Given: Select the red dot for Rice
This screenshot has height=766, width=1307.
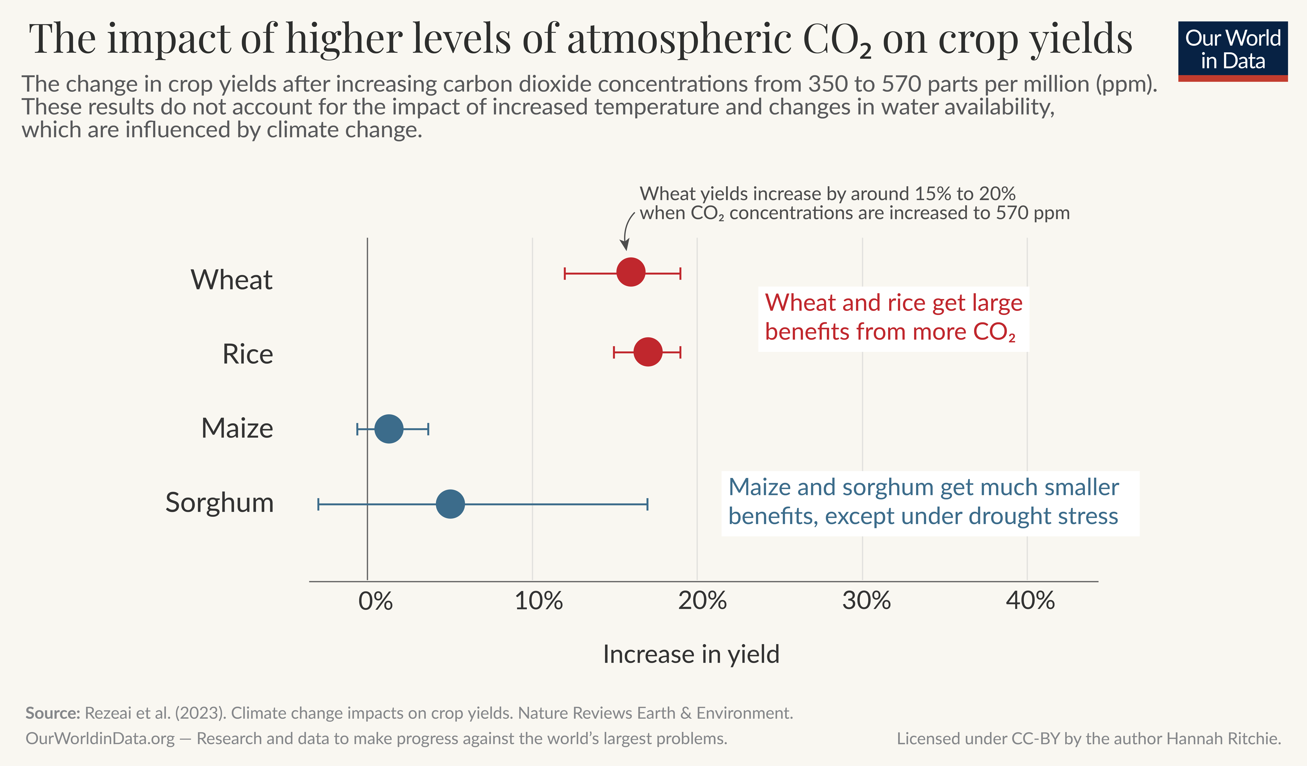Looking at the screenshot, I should [x=648, y=352].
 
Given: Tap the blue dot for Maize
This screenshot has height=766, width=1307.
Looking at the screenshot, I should [x=388, y=429].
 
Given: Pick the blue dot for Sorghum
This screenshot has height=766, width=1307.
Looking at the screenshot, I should [x=450, y=504].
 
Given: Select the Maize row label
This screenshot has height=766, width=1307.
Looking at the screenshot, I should [x=237, y=429].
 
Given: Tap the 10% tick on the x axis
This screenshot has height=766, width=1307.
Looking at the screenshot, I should [x=538, y=601].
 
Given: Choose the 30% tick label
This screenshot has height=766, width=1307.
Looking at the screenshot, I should [x=866, y=601].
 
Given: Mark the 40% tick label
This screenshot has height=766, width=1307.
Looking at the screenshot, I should [x=1030, y=601].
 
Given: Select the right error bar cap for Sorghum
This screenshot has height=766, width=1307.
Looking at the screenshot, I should [x=647, y=504].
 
